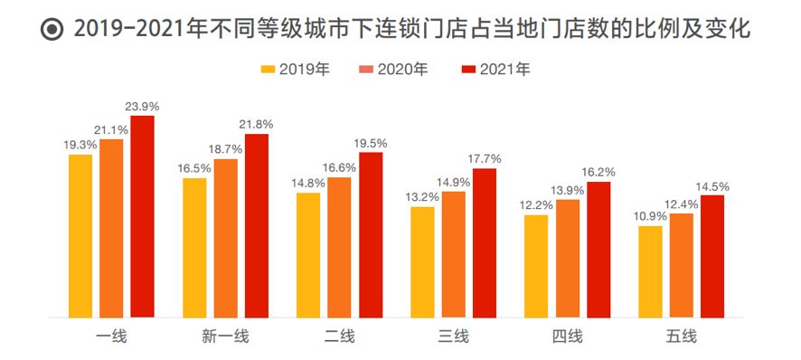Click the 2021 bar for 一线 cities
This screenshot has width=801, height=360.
coord(143,217)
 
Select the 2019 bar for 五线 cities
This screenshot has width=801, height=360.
coord(649,271)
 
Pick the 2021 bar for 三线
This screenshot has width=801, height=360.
coord(485,242)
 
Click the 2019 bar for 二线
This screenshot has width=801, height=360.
coord(308,254)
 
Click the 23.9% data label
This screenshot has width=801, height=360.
coord(143,107)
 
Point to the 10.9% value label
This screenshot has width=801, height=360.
coord(649,217)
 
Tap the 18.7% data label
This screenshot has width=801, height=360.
coord(226,149)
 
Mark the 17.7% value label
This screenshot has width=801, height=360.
coord(485,159)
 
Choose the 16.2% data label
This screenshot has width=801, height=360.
coord(598,172)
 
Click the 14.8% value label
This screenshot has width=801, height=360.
coord(308,184)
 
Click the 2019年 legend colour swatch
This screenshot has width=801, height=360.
coord(267,69)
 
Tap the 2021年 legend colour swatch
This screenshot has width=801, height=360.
coord(467,69)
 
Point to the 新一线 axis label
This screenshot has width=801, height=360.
coord(225,337)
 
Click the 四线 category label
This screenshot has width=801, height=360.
coord(567,337)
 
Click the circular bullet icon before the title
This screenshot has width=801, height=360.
coord(53,30)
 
